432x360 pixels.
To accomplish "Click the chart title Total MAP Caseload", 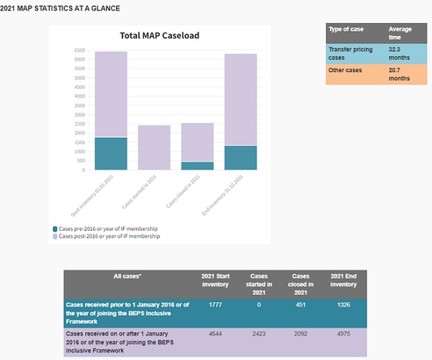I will coord(159,35).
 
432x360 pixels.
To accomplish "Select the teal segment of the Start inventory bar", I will coord(111,153).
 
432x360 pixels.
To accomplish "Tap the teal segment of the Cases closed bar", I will coord(197,165).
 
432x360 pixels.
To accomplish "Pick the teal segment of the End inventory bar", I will coord(240,157).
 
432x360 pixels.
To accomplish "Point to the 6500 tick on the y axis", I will coord(80,51).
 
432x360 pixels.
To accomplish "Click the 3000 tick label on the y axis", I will coord(80,115).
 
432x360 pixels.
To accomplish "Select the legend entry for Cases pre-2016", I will coord(107,229).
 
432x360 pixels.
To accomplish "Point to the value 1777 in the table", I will coord(215,305).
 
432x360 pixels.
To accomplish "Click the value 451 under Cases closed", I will coord(300,305).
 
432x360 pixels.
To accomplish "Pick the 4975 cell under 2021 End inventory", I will coord(344,334).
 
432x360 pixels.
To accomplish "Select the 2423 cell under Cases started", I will coord(259,334).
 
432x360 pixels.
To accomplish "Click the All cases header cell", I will coord(128,276).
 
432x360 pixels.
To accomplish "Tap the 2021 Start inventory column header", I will coord(215,280).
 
